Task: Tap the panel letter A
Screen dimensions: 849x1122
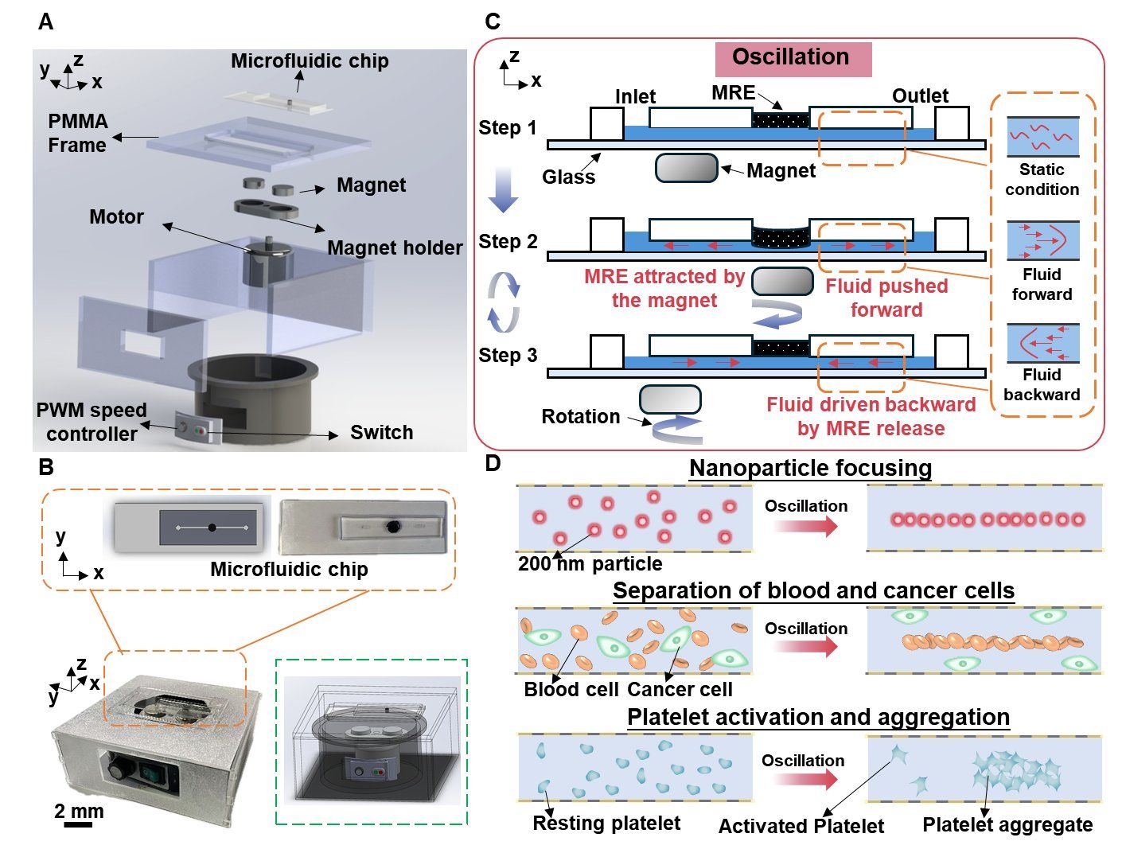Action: point(46,21)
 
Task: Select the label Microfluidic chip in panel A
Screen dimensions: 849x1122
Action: point(310,61)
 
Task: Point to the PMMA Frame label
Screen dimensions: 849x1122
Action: point(77,133)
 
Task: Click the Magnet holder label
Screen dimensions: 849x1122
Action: point(395,247)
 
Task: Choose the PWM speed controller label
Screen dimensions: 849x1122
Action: point(92,422)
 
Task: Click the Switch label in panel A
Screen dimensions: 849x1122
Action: point(382,433)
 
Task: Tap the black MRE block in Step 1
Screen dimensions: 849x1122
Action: point(780,120)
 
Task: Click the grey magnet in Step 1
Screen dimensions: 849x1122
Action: point(687,168)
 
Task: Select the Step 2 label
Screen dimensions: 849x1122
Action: point(508,241)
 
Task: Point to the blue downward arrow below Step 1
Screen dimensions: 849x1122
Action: point(502,189)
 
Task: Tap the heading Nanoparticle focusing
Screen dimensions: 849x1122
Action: point(810,468)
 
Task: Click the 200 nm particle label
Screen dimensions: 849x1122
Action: point(590,564)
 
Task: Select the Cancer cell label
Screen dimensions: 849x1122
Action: point(680,689)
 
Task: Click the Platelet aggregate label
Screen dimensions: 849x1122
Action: point(1007,825)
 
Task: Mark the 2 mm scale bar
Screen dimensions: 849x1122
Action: point(78,824)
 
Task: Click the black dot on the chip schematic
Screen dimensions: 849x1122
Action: point(212,528)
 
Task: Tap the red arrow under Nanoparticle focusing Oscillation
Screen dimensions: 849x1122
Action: point(805,526)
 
